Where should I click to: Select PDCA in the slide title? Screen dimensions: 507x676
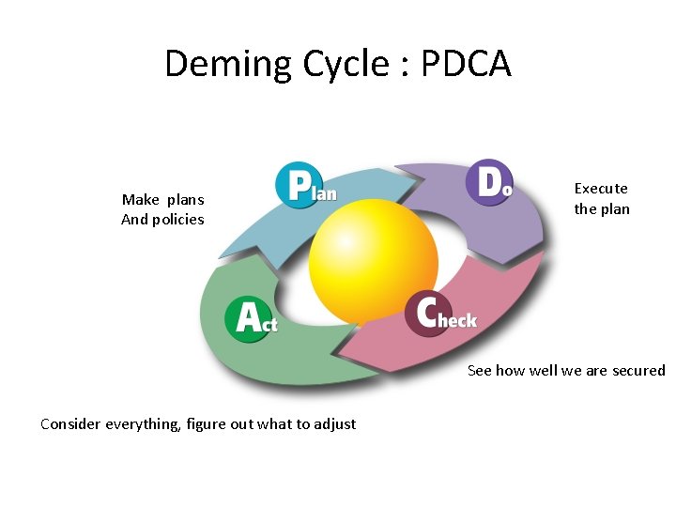(466, 64)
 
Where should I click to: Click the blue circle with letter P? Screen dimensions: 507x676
(297, 185)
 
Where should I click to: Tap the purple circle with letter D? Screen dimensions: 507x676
(488, 182)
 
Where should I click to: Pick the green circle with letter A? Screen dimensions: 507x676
(246, 319)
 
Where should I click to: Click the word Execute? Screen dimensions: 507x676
(601, 189)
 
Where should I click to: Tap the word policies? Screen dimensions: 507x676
(179, 220)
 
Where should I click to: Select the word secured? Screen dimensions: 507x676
(638, 371)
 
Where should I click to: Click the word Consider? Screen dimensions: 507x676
(71, 424)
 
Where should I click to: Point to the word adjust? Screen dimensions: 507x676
(334, 424)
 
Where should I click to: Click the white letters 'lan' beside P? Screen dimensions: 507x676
(325, 191)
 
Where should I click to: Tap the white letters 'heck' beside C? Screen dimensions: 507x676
(457, 320)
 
